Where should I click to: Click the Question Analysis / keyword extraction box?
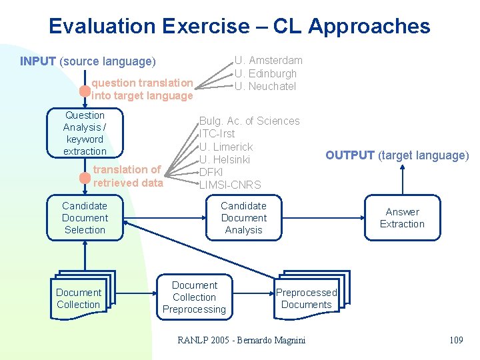tap(85, 133)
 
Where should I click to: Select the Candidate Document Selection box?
tap(85, 218)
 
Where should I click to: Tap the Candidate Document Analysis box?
tap(243, 218)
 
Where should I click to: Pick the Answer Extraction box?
tap(402, 218)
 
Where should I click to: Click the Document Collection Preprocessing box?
tap(195, 297)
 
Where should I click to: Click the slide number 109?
tap(456, 341)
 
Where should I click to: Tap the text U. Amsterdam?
tap(268, 61)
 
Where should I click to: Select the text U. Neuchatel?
tap(265, 87)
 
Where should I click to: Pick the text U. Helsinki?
tap(225, 159)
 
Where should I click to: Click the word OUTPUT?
tap(349, 155)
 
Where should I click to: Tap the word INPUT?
tap(38, 61)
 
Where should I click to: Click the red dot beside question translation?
tap(85, 90)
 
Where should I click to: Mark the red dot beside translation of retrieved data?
tap(85, 177)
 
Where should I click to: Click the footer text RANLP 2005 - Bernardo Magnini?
tap(241, 341)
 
